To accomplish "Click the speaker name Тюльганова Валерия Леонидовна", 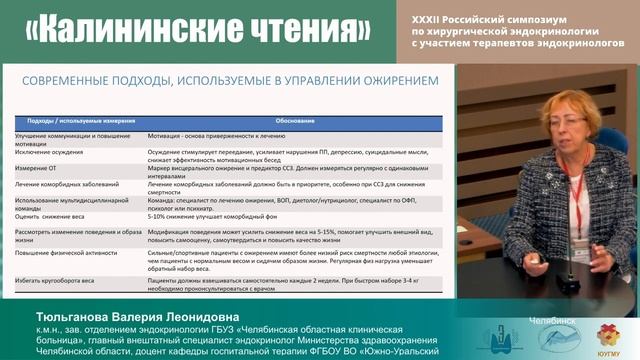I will (147, 316).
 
